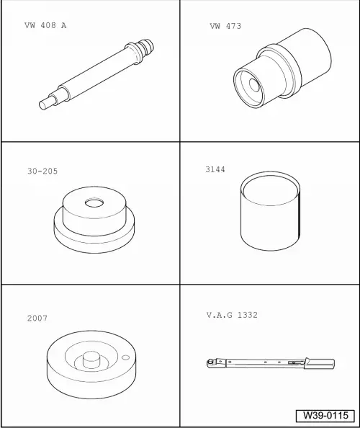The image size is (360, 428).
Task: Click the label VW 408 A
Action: [x=45, y=25]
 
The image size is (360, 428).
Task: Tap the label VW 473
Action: [x=225, y=26]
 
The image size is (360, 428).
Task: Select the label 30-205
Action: [x=42, y=171]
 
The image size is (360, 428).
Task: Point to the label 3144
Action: [x=215, y=169]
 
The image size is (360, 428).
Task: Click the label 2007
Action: [x=37, y=318]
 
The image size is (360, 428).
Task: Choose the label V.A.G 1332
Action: [x=232, y=315]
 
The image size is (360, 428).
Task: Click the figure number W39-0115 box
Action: [x=325, y=416]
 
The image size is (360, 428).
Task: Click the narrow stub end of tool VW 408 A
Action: [x=44, y=104]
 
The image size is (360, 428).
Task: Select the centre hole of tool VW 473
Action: [x=254, y=86]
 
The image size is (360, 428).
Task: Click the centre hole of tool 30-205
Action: [x=94, y=202]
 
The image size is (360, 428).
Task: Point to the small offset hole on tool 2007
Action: [x=125, y=357]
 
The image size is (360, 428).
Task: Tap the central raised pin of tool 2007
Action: [x=91, y=360]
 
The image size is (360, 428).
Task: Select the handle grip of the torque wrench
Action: [x=320, y=363]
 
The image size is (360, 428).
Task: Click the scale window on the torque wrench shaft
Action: [x=296, y=362]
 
